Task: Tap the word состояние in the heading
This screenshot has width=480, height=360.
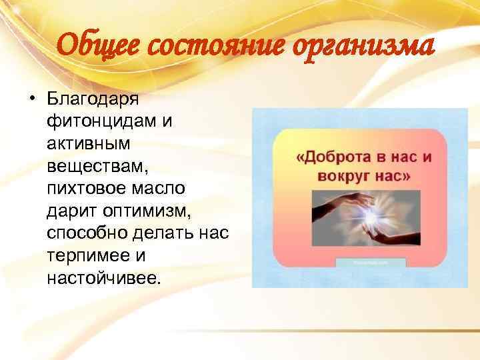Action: (199, 46)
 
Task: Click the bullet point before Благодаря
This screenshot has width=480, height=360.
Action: (31, 101)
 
